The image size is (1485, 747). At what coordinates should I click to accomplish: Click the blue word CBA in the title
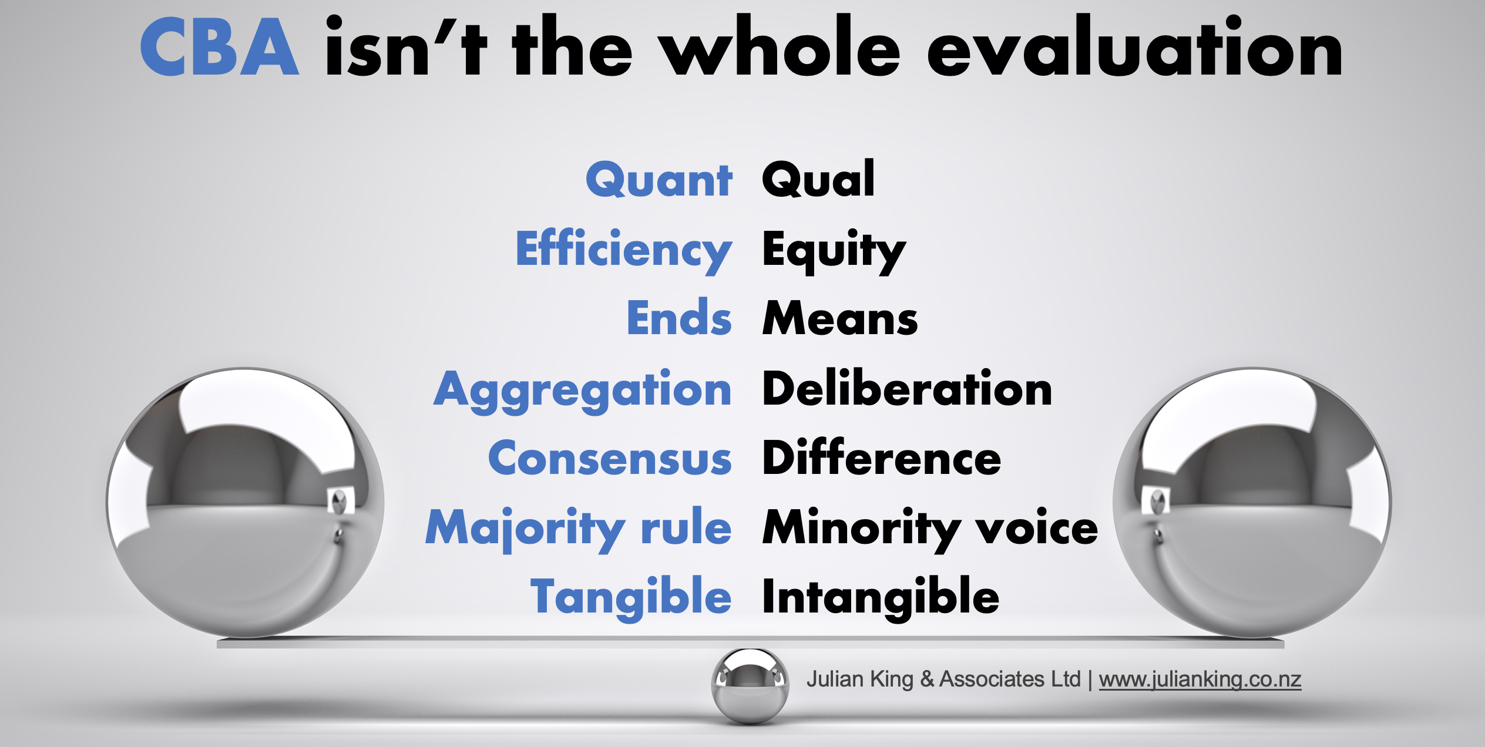pos(219,47)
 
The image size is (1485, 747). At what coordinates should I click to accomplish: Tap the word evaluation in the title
pos(1135,47)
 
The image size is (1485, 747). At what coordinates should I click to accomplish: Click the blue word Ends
pos(679,317)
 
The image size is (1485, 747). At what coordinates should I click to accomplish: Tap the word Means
pos(840,318)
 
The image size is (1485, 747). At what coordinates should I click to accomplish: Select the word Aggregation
pos(582,391)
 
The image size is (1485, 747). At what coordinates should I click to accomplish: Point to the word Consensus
pos(610,458)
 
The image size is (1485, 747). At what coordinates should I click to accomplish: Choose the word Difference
pos(882,457)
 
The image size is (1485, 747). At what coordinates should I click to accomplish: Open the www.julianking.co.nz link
pos(1200,679)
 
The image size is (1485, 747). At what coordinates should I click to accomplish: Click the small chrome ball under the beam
pos(750,686)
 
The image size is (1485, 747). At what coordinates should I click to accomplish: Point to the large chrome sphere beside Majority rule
pos(245,503)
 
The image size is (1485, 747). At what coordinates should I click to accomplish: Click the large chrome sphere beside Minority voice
pos(1252,503)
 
